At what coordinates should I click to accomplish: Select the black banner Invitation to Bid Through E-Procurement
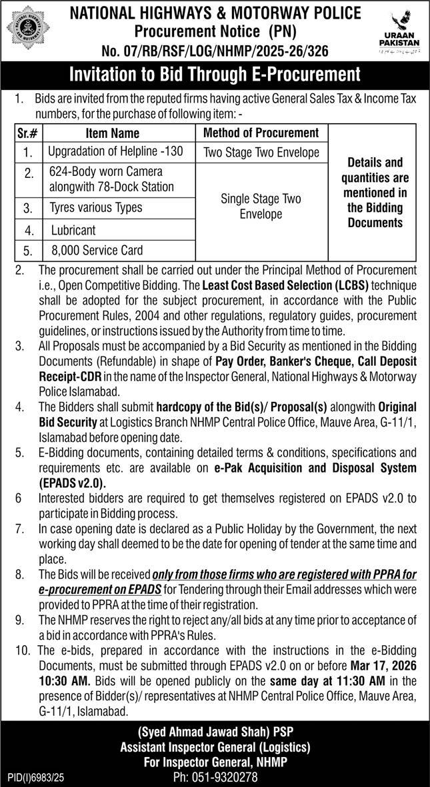click(x=215, y=74)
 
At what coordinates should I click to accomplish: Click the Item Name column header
click(x=113, y=133)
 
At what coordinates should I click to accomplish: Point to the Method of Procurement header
click(x=261, y=133)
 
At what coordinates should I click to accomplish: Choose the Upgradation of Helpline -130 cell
click(x=115, y=152)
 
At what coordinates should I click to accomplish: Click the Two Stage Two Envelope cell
click(x=261, y=153)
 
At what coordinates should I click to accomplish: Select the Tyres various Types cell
click(x=96, y=207)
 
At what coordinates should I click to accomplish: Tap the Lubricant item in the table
click(x=73, y=230)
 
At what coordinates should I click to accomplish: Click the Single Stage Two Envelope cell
click(x=261, y=207)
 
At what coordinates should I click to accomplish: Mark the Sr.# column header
click(x=29, y=133)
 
